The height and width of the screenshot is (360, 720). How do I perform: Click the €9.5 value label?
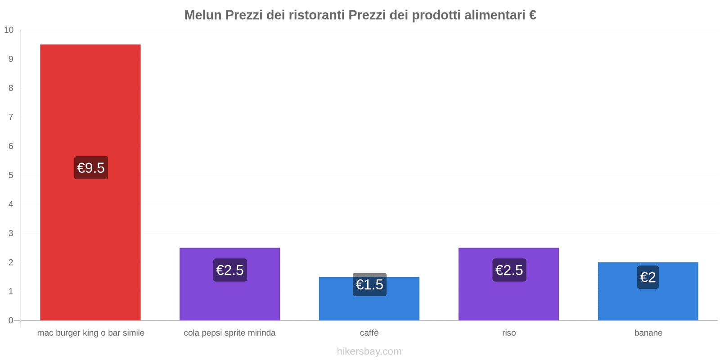(91, 168)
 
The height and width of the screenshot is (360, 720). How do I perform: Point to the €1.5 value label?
(369, 284)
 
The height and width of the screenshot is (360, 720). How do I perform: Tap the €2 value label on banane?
(648, 277)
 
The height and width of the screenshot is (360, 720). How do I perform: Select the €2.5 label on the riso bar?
(509, 270)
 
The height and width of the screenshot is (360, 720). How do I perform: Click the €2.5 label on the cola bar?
(230, 270)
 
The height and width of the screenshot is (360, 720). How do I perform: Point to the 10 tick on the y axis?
(9, 30)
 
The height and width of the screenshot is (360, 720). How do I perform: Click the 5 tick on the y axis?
(11, 175)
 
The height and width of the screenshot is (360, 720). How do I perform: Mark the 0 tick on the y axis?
(11, 320)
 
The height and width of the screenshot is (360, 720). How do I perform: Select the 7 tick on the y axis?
(11, 117)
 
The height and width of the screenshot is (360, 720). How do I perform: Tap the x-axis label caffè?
(369, 333)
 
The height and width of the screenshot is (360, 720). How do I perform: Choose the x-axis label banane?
(648, 333)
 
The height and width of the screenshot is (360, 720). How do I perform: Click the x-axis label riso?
(509, 333)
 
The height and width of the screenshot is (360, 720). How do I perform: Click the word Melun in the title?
(202, 15)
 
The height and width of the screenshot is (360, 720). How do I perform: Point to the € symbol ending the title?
(532, 15)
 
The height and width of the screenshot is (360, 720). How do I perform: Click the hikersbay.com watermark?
(369, 351)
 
